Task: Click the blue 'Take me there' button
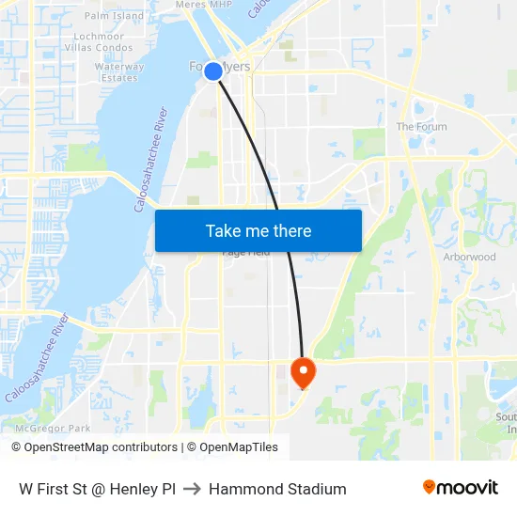(x=258, y=230)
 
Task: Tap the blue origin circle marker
(x=213, y=71)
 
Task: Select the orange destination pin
(x=303, y=372)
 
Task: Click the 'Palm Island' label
(x=114, y=16)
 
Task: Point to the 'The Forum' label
(x=421, y=127)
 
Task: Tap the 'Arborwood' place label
(x=469, y=257)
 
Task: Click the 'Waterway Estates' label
(x=119, y=72)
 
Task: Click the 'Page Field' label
(x=245, y=253)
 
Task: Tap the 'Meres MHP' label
(x=203, y=5)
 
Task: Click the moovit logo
(x=460, y=488)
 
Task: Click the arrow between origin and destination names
(x=192, y=489)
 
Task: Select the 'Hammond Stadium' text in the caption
(x=277, y=489)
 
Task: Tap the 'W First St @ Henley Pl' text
(x=97, y=489)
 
